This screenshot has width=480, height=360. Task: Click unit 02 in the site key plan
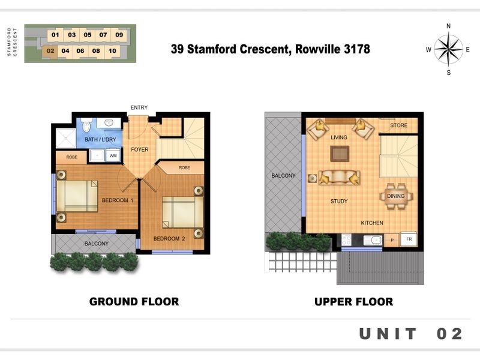(50, 51)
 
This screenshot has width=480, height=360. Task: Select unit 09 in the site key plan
(119, 35)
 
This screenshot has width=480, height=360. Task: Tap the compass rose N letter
(448, 26)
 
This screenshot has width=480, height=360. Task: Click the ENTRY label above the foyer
(139, 107)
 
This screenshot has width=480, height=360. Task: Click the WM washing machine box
(113, 155)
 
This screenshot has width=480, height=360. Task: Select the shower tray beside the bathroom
(66, 139)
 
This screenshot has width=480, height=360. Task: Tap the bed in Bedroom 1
(77, 196)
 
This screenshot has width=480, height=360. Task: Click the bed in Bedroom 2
(182, 212)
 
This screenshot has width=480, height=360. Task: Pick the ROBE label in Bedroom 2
(184, 168)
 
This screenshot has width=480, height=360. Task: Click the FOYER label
(140, 149)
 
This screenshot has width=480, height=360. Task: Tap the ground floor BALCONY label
(97, 244)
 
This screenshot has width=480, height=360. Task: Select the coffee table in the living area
(340, 154)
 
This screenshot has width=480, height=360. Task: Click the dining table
(396, 196)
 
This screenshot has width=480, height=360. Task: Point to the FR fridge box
(409, 239)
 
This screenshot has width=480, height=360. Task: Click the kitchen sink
(373, 240)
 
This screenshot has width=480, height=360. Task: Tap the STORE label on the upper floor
(398, 125)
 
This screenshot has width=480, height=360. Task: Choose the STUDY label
(339, 201)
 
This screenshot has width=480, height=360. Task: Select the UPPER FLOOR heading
(353, 302)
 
